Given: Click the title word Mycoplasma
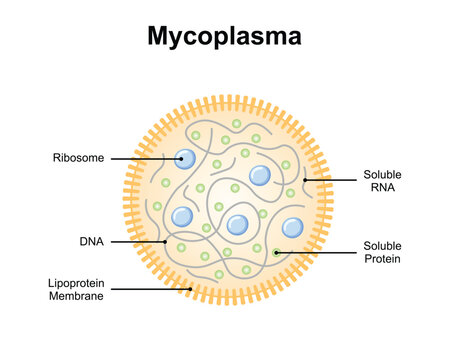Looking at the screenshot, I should [x=224, y=38].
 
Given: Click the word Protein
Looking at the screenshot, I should [x=381, y=259].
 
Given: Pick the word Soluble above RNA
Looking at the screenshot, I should [x=381, y=172].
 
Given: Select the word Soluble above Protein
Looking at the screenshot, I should [x=381, y=245].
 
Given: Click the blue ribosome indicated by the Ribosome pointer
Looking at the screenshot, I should [x=186, y=158].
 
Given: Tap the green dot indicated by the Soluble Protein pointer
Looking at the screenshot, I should [x=277, y=252].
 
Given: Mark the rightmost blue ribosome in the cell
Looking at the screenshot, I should [x=292, y=228].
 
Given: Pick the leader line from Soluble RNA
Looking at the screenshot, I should [x=330, y=180].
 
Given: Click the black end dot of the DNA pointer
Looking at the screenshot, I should [x=165, y=241].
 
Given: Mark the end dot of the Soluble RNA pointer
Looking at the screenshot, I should [x=304, y=180].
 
